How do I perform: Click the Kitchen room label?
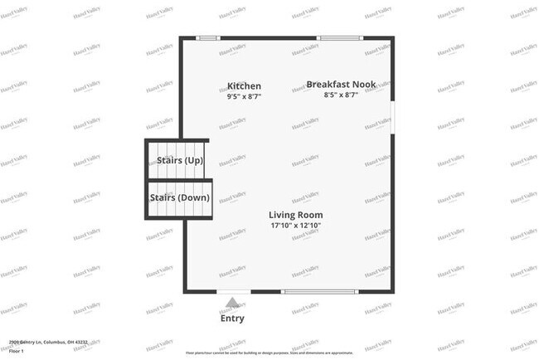[244, 86]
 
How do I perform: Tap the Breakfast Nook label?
[341, 85]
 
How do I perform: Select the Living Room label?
[295, 215]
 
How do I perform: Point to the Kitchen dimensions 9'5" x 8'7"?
[244, 97]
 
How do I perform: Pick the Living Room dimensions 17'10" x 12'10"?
[295, 226]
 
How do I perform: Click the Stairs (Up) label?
[180, 160]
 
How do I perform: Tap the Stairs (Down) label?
[180, 198]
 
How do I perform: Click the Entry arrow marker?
[233, 304]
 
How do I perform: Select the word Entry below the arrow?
[232, 318]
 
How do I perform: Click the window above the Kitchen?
[208, 38]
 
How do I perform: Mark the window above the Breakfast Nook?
[340, 38]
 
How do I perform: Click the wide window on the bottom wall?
[320, 291]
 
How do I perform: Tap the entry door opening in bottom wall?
[234, 291]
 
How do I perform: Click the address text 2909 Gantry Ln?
[41, 342]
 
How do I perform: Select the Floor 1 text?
[17, 350]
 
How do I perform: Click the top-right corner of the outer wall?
[391, 38]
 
